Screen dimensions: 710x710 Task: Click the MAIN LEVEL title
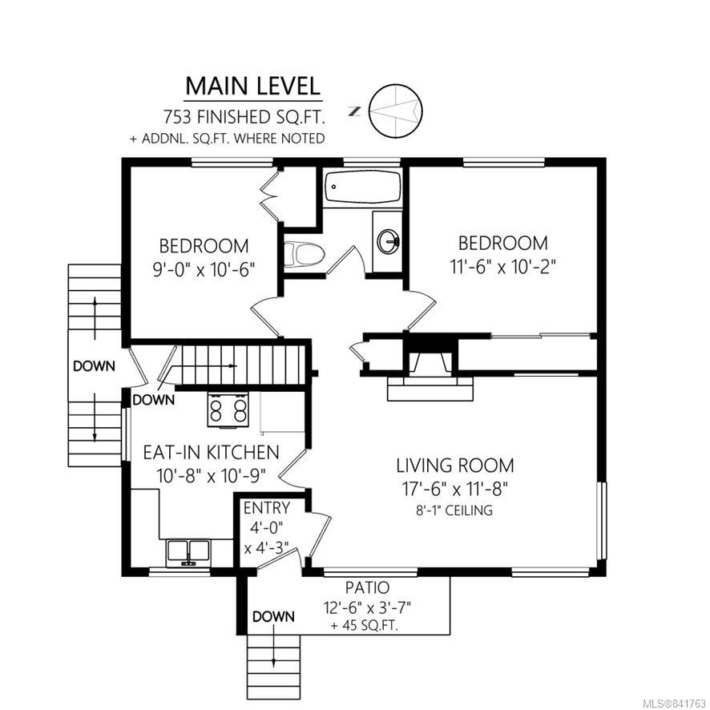click(x=252, y=86)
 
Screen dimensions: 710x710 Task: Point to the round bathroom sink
click(x=388, y=241)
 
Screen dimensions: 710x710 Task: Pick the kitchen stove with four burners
click(x=228, y=409)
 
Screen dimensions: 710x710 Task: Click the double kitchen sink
click(x=188, y=551)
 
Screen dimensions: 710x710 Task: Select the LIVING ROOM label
click(x=455, y=466)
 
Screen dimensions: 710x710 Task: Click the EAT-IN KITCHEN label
click(x=211, y=452)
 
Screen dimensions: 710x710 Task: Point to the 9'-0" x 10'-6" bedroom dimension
click(x=204, y=270)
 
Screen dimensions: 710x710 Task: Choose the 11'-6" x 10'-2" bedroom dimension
click(x=502, y=266)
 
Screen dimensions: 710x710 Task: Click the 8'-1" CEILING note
click(x=454, y=510)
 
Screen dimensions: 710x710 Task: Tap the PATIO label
click(x=367, y=587)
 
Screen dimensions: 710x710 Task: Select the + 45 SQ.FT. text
click(x=365, y=626)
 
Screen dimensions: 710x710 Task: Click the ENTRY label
click(x=266, y=508)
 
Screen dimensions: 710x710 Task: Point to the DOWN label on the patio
click(x=273, y=616)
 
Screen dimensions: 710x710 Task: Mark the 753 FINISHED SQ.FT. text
click(x=244, y=117)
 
